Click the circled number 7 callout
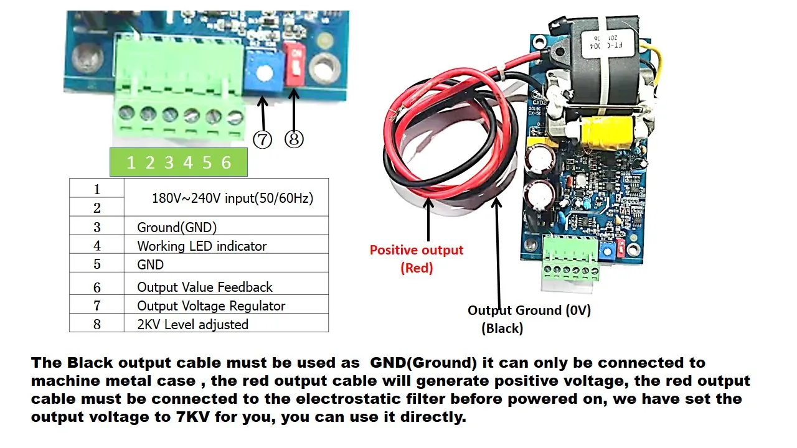(262, 139)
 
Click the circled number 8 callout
(294, 139)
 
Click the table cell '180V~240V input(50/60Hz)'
(232, 198)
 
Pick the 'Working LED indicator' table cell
(202, 246)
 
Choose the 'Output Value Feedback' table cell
(205, 287)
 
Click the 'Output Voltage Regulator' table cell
(211, 306)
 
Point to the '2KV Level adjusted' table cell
(192, 324)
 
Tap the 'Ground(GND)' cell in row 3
(177, 227)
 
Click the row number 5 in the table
(97, 264)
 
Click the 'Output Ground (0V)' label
(529, 310)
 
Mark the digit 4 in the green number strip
(188, 163)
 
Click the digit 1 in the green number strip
(131, 163)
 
